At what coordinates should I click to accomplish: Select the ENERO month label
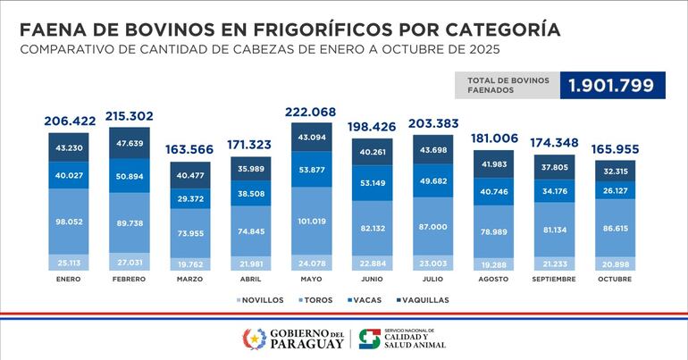[x=70, y=279]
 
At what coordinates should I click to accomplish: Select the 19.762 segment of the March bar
[x=189, y=264]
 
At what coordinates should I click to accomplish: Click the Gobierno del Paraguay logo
[x=294, y=339]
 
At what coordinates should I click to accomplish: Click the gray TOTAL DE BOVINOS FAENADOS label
[x=504, y=86]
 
